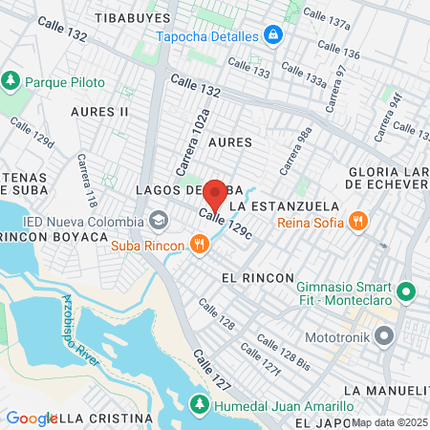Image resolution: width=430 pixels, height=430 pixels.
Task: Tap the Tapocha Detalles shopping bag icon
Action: [x=274, y=34]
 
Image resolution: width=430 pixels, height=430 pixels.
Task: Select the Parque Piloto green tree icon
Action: [x=11, y=81]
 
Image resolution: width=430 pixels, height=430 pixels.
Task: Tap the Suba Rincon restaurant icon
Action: [x=199, y=245]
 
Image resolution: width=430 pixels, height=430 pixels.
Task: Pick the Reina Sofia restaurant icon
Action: [x=357, y=222]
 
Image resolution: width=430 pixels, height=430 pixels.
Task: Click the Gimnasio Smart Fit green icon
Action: [x=405, y=290]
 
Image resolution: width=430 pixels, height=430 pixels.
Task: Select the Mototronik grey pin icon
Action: [x=385, y=336]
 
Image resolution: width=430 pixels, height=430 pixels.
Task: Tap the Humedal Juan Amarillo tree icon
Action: [x=199, y=405]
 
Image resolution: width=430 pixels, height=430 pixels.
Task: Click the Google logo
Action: [x=32, y=418]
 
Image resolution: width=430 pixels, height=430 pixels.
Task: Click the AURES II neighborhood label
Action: [x=99, y=112]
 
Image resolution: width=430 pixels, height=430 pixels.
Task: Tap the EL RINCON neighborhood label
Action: [x=257, y=277]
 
